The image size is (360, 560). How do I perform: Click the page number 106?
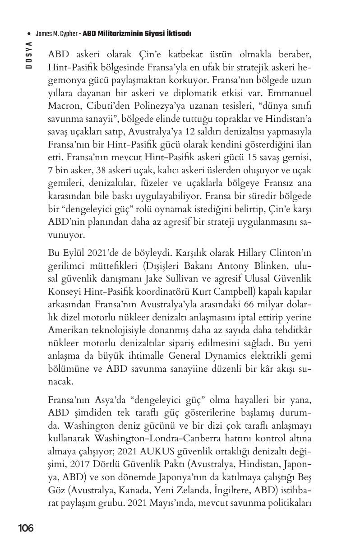tap(26, 528)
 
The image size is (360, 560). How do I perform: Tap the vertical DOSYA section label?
tap(29, 55)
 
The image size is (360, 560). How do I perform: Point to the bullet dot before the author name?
tap(29, 34)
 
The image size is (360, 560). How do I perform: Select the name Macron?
tap(64, 107)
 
